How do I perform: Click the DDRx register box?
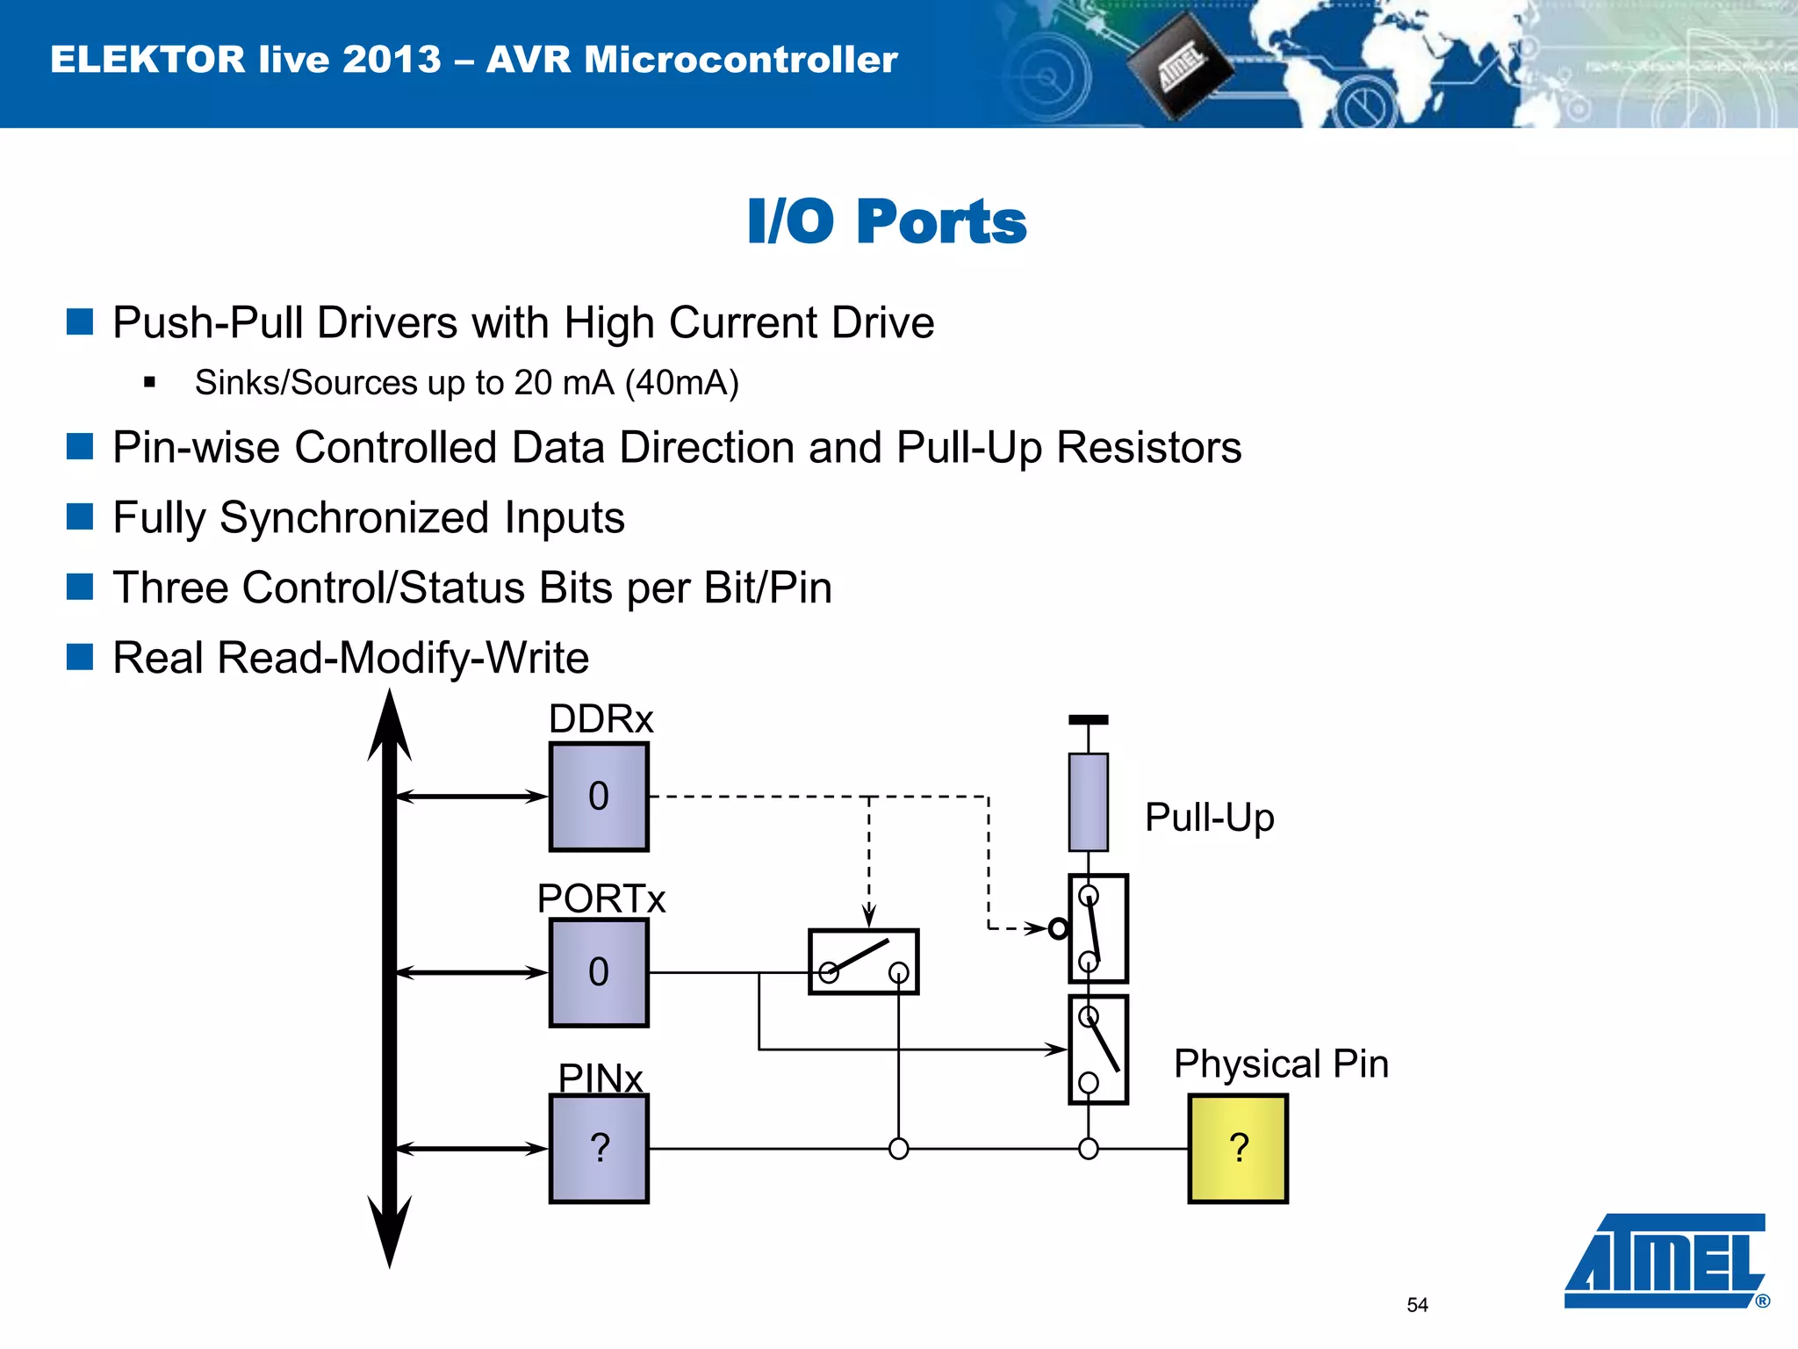click(599, 797)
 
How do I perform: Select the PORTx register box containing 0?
click(599, 972)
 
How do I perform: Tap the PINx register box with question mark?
click(599, 1148)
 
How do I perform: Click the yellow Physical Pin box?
click(1238, 1148)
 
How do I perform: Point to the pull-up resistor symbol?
click(1088, 802)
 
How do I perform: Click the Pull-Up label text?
click(1209, 818)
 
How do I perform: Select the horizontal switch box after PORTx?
click(863, 962)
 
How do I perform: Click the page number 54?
click(1417, 1305)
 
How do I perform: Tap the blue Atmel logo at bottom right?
click(1665, 1260)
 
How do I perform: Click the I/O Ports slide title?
click(887, 221)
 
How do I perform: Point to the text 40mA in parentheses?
click(682, 383)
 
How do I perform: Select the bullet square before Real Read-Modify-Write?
click(80, 657)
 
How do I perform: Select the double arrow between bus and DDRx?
click(471, 797)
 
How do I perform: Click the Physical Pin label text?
click(1281, 1064)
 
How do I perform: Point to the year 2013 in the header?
click(392, 60)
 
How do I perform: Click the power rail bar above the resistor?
click(1088, 719)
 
